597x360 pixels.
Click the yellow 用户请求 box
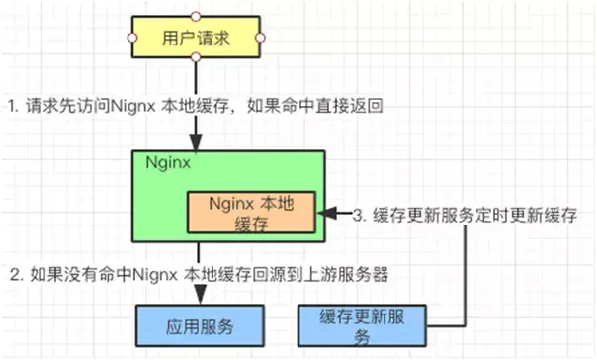196,38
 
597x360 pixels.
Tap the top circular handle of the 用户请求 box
196,16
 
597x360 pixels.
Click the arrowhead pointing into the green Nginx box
196,144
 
